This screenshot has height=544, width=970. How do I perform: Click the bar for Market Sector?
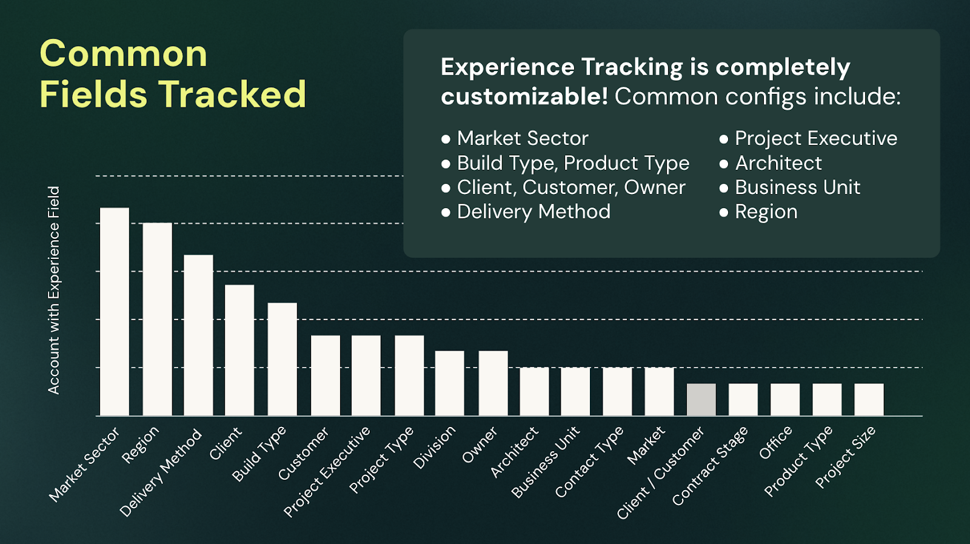point(115,311)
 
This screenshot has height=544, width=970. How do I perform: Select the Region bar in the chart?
point(157,319)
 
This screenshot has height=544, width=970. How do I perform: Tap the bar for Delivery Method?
point(198,335)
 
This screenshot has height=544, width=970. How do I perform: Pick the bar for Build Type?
point(283,359)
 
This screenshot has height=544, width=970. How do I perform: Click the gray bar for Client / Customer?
point(701,399)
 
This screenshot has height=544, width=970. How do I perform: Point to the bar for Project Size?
point(869,399)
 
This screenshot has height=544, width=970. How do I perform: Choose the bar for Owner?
point(493,383)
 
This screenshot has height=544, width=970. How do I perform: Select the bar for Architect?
point(534,392)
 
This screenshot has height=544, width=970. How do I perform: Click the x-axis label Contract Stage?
point(710,466)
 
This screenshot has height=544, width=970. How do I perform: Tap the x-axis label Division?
point(434,448)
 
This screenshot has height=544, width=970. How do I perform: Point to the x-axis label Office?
point(775,442)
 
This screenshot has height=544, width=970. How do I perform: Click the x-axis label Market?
point(646,445)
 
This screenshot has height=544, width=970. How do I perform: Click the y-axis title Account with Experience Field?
point(54,290)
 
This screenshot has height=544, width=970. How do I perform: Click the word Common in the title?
point(124,54)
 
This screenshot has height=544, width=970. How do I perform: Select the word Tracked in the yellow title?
point(232,93)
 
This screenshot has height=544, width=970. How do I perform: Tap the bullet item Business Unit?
point(797,187)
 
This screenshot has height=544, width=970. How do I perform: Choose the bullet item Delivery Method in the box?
point(533,212)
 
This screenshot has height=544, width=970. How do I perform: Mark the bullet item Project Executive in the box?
point(816,139)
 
